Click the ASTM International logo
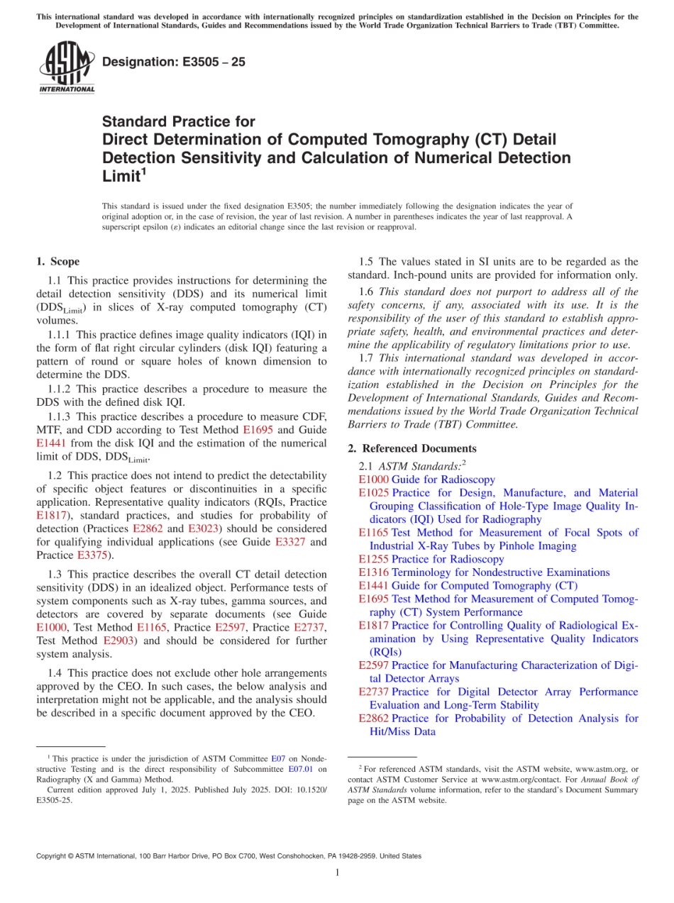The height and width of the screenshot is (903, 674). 67,68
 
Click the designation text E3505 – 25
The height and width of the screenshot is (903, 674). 174,62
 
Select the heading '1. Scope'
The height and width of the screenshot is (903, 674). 57,262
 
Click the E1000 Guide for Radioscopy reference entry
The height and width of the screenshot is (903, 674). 427,480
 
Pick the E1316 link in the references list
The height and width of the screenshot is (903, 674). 373,572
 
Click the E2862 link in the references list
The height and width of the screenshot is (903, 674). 373,719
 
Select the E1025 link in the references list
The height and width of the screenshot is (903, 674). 373,493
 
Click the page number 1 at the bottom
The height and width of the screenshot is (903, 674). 338,873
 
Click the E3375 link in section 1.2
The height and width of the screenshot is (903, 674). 91,555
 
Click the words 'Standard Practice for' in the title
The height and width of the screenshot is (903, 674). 178,122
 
